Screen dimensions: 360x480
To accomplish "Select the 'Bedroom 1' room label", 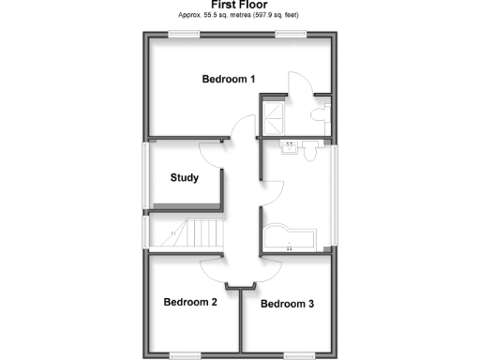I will [x=229, y=80].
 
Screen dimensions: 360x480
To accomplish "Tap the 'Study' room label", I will [x=184, y=178].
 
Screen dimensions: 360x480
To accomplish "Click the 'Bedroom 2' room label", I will [x=190, y=302].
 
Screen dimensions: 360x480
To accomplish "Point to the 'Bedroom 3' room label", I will [x=288, y=304].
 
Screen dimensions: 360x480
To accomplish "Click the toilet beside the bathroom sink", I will [x=308, y=150].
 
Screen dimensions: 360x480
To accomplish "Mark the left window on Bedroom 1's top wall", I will [x=183, y=34].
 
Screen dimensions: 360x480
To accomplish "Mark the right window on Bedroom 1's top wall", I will [x=291, y=34].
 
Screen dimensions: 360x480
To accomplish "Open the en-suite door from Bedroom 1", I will [x=298, y=84].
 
